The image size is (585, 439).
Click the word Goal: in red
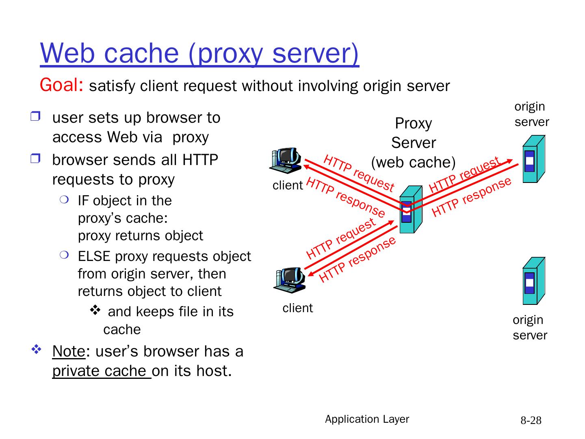pyautogui.click(x=61, y=85)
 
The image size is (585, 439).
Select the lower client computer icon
pyautogui.click(x=289, y=280)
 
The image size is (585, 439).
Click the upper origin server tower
pyautogui.click(x=533, y=159)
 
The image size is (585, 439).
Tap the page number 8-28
pyautogui.click(x=531, y=420)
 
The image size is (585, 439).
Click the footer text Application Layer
pyautogui.click(x=367, y=419)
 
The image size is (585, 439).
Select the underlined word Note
pyautogui.click(x=69, y=351)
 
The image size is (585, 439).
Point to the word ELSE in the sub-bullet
pyautogui.click(x=94, y=256)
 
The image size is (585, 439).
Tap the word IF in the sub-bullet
pyautogui.click(x=83, y=201)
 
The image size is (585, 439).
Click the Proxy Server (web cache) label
pyautogui.click(x=413, y=143)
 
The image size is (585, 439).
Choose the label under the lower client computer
pyautogui.click(x=298, y=308)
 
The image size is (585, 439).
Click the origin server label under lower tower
pyautogui.click(x=529, y=327)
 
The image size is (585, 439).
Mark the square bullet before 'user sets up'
pyautogui.click(x=35, y=117)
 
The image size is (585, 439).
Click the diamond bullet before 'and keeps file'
pyautogui.click(x=95, y=311)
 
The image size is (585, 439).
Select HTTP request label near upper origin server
pyautogui.click(x=464, y=175)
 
